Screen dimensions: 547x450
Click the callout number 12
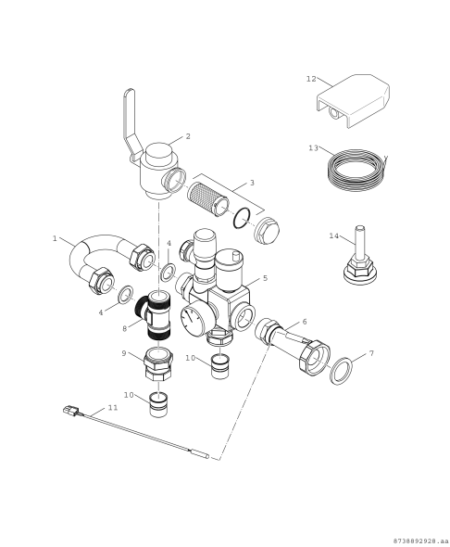click(x=311, y=80)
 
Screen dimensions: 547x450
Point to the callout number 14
click(x=334, y=235)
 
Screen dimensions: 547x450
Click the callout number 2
click(x=188, y=136)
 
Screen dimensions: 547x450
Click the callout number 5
click(x=265, y=277)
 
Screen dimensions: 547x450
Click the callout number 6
click(x=304, y=322)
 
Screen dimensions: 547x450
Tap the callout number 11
click(x=112, y=407)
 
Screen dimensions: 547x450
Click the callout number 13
click(x=314, y=147)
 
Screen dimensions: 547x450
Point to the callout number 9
click(x=124, y=353)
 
